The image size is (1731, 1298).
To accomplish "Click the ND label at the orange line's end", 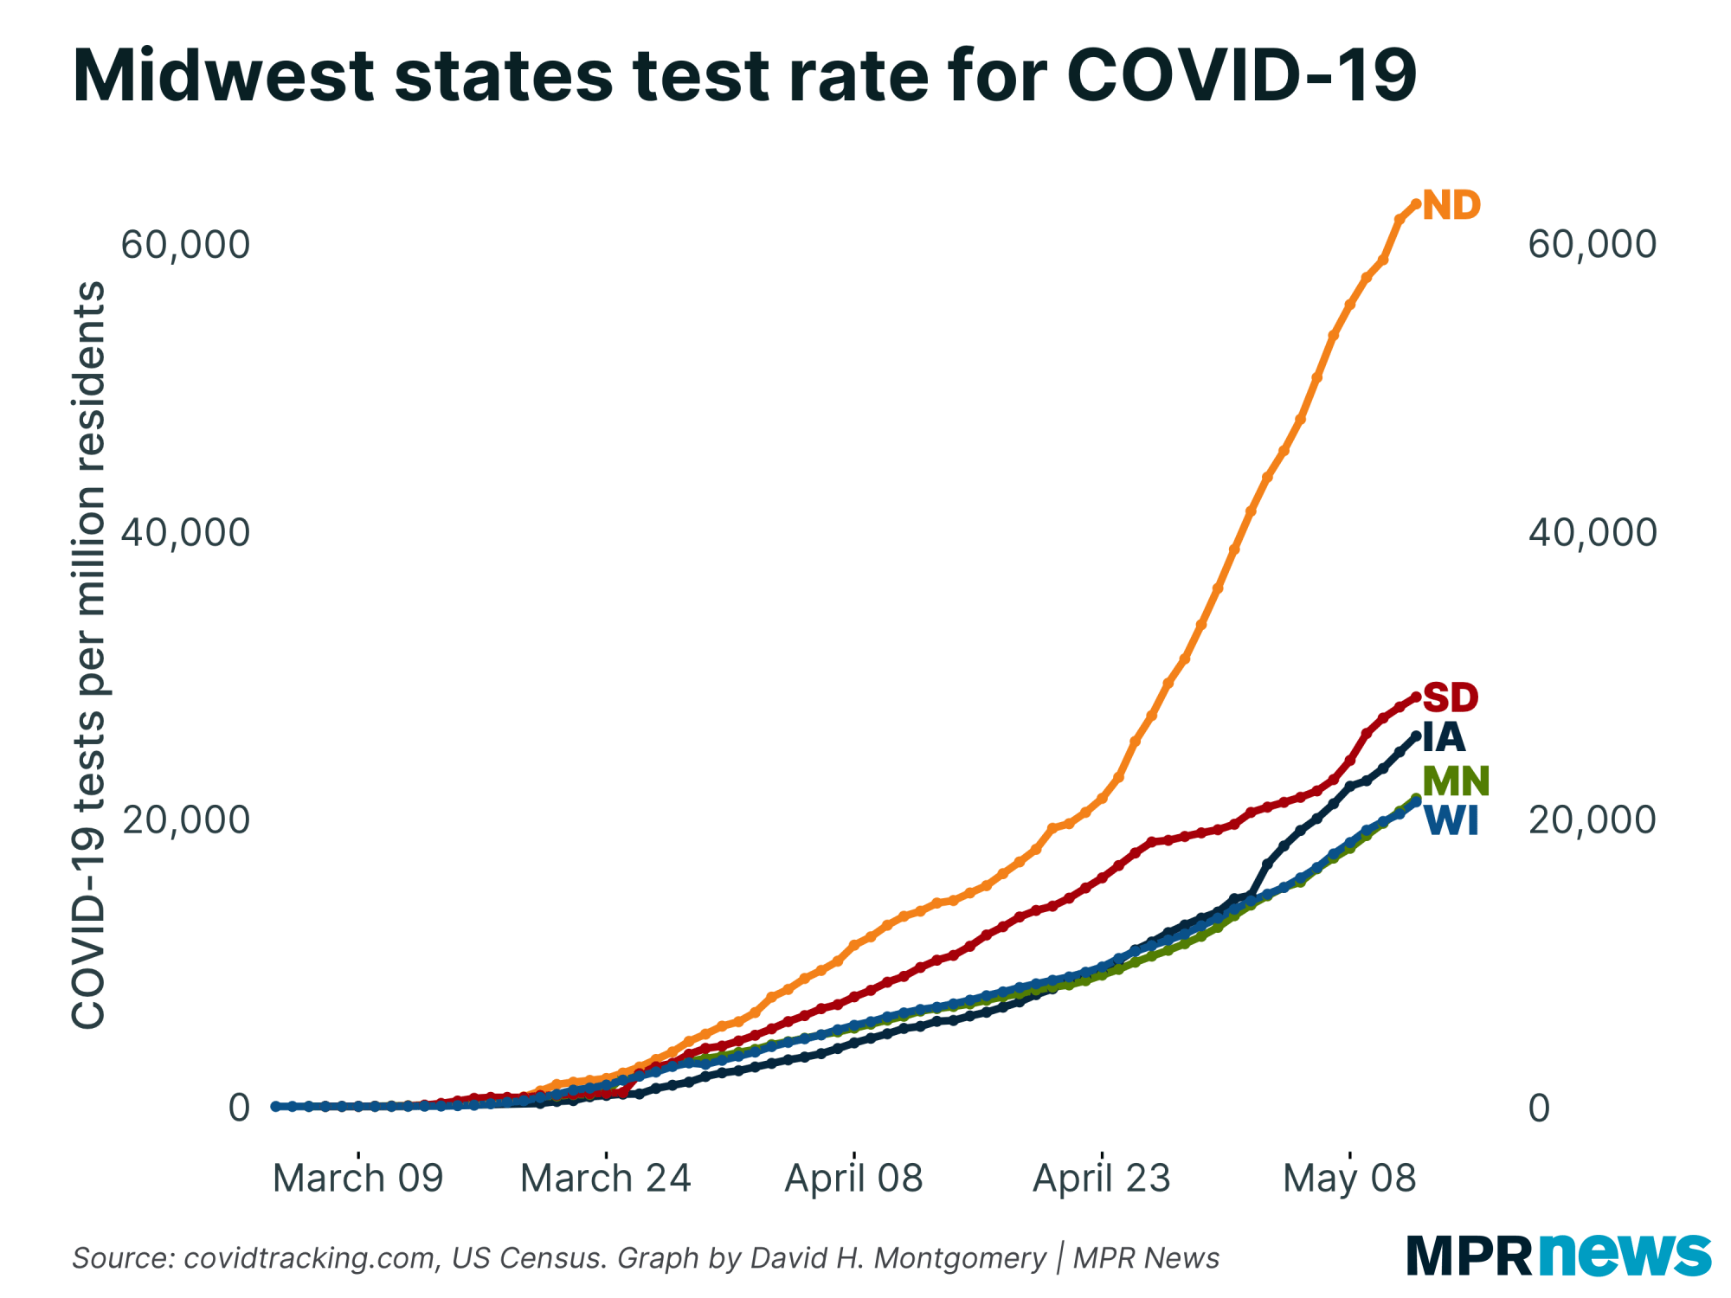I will [x=1451, y=206].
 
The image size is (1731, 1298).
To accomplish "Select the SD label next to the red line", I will [x=1451, y=697].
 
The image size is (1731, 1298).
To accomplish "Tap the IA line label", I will [x=1444, y=738].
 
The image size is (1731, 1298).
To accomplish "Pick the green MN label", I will [x=1456, y=781].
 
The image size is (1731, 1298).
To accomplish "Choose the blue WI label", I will [x=1451, y=821].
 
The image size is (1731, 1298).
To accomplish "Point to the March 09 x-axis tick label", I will [x=357, y=1179].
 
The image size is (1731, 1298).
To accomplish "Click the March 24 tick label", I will [x=606, y=1179].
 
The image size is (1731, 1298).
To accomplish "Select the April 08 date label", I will [x=853, y=1179].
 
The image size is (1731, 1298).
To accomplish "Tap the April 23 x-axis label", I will [x=1101, y=1179].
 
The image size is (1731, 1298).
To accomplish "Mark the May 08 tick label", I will [x=1349, y=1179].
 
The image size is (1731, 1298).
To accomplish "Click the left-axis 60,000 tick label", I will [x=185, y=245].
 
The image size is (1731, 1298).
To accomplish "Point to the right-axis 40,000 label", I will [x=1592, y=532].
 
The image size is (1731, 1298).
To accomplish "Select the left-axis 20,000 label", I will [x=185, y=819].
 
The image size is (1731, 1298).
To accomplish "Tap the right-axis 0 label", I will [x=1539, y=1108].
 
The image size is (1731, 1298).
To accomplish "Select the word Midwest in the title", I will [x=223, y=76].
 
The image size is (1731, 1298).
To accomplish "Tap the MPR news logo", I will [x=1558, y=1255].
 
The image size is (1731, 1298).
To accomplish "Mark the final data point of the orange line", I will [x=1416, y=204].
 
